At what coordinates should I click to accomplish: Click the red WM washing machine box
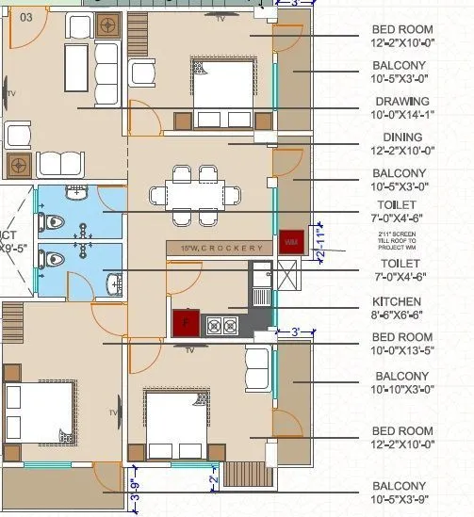tap(290, 241)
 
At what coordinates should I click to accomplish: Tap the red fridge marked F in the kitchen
tap(185, 322)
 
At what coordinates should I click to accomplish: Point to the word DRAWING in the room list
tap(402, 102)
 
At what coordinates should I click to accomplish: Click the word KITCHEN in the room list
tap(402, 302)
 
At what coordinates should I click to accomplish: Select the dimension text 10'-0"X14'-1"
tap(402, 115)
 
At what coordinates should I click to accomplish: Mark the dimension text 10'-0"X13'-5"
tap(402, 350)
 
